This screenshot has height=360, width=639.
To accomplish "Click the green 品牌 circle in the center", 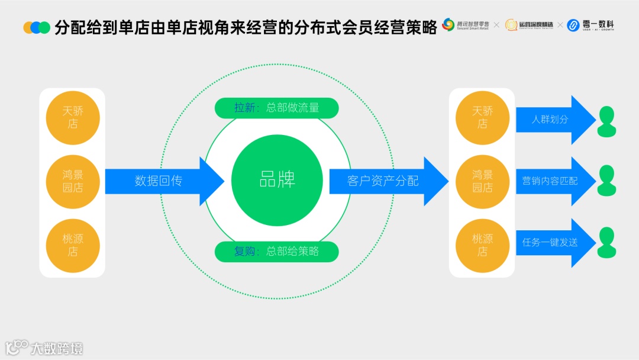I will click(276, 181).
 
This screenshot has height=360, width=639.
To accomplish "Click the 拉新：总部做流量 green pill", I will click(276, 108).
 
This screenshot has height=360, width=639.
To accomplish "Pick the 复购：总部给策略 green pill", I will click(276, 252).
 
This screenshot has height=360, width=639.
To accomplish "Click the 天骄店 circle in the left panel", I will click(73, 117).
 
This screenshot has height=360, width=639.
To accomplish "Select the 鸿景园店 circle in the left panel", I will click(73, 181).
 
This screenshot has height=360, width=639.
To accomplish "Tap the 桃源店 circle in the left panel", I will click(73, 245).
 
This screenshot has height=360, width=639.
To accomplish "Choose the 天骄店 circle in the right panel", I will click(482, 117).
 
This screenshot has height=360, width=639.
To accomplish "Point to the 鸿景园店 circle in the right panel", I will click(482, 181).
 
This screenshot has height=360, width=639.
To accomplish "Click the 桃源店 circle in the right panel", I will click(482, 245).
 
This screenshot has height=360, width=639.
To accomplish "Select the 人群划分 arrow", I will click(553, 120).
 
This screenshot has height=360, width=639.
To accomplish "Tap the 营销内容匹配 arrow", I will click(553, 181).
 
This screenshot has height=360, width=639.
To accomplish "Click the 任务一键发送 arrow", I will click(553, 243).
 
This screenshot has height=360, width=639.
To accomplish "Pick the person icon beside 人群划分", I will click(606, 121).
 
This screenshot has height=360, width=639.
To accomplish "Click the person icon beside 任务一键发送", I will click(606, 243).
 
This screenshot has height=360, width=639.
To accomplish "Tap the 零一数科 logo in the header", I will click(590, 25).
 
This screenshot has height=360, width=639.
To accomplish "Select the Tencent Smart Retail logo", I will click(466, 25).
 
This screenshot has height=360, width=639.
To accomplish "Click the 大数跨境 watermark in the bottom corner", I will click(44, 348).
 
